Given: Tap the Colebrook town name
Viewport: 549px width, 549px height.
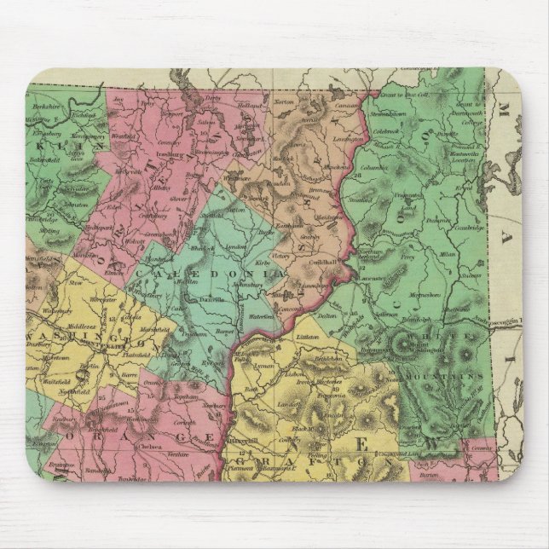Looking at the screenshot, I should [385, 131].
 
